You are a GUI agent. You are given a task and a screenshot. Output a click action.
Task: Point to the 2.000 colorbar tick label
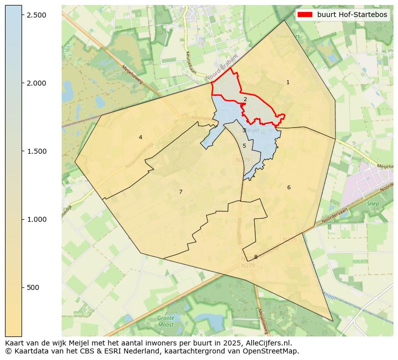pos(37,83)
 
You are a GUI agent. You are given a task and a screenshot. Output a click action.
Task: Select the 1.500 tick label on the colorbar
pos(37,151)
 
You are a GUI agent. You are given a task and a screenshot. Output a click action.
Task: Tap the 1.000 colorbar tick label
pos(37,219)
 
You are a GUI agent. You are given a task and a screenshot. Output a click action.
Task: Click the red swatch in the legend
pos(305,15)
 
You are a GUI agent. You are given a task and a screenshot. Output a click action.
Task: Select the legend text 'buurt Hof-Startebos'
pos(352,15)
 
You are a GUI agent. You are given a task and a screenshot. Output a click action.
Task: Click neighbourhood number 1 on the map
pos(288,82)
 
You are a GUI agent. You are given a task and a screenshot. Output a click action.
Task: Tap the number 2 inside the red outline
pos(245,99)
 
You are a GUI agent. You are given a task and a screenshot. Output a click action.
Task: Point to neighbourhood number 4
pos(140,137)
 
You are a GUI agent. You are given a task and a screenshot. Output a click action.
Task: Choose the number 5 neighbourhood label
pos(244,146)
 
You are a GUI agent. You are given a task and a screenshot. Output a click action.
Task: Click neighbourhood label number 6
pos(289,187)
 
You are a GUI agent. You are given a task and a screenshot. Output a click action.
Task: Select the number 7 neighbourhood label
pos(180,192)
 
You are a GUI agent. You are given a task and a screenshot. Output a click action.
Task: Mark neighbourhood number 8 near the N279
pos(256,257)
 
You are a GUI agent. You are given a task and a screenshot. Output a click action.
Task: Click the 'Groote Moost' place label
pos(165,321)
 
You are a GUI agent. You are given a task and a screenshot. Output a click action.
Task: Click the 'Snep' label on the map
pos(372,204)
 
